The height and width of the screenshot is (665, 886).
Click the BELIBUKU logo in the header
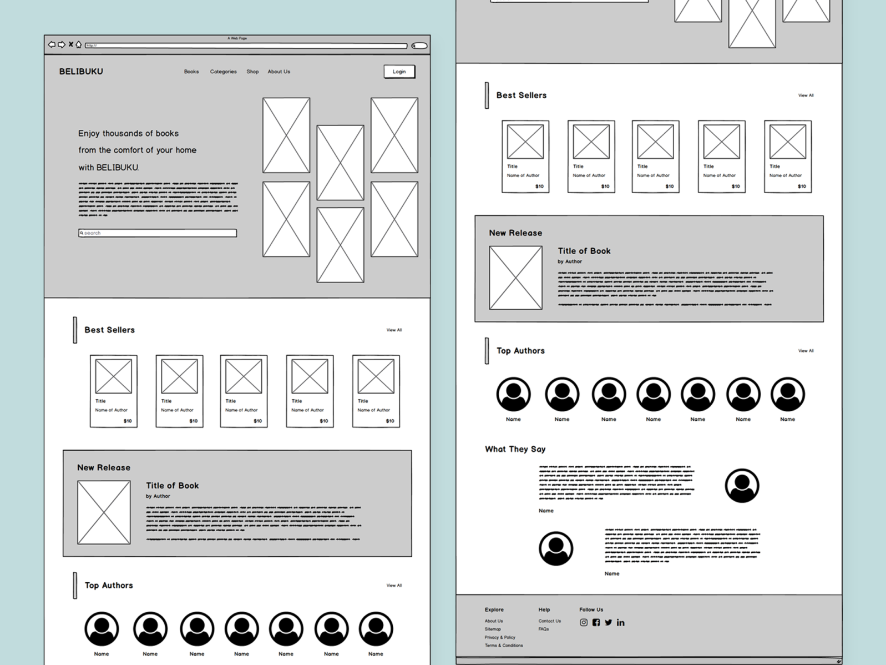[x=81, y=72]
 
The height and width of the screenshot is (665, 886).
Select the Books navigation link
[x=191, y=72]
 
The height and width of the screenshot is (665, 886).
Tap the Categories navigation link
[x=223, y=72]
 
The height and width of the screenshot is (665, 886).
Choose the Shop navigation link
[x=252, y=72]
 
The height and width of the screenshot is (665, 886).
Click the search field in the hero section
[x=158, y=233]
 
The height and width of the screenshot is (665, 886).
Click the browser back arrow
[x=52, y=44]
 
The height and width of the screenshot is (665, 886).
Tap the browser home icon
[x=79, y=44]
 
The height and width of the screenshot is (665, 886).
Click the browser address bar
[x=246, y=46]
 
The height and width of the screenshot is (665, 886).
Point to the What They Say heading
[x=515, y=449]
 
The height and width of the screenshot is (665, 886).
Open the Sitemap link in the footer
[x=493, y=629]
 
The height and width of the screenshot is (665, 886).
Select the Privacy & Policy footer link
[x=500, y=637]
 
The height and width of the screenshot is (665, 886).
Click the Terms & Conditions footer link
[x=504, y=646]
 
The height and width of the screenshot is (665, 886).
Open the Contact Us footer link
[x=549, y=621]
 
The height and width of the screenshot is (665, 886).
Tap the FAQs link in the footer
[x=544, y=629]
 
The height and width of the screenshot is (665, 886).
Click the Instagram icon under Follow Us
[x=584, y=623]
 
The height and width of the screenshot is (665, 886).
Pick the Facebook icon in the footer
[x=596, y=623]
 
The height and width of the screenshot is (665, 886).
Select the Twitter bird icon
[x=608, y=623]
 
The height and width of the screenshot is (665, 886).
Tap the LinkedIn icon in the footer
[x=620, y=623]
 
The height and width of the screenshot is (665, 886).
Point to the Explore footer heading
[x=494, y=609]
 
